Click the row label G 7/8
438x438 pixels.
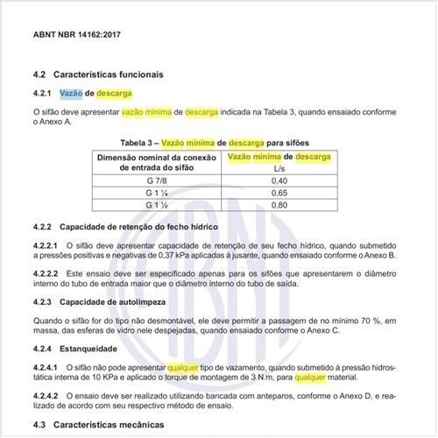click(156, 180)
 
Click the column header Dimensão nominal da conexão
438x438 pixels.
click(156, 156)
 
